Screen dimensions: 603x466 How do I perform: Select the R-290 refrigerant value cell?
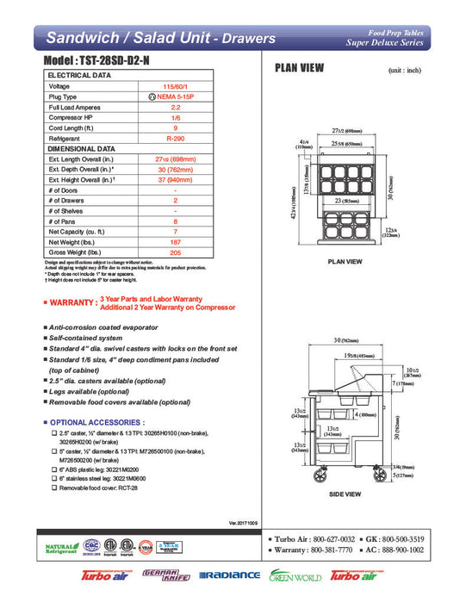174,139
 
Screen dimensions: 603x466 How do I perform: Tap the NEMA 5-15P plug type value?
176,97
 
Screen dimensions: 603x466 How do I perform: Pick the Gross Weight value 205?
175,252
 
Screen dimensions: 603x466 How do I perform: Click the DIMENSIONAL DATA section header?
81,149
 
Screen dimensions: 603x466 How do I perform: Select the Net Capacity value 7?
175,232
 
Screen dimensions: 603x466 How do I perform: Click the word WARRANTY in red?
71,303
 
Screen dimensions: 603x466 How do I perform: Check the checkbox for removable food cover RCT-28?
54,488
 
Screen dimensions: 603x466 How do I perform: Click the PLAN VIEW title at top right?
299,68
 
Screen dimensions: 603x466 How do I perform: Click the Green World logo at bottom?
295,575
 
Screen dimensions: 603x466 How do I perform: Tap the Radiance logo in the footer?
229,575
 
